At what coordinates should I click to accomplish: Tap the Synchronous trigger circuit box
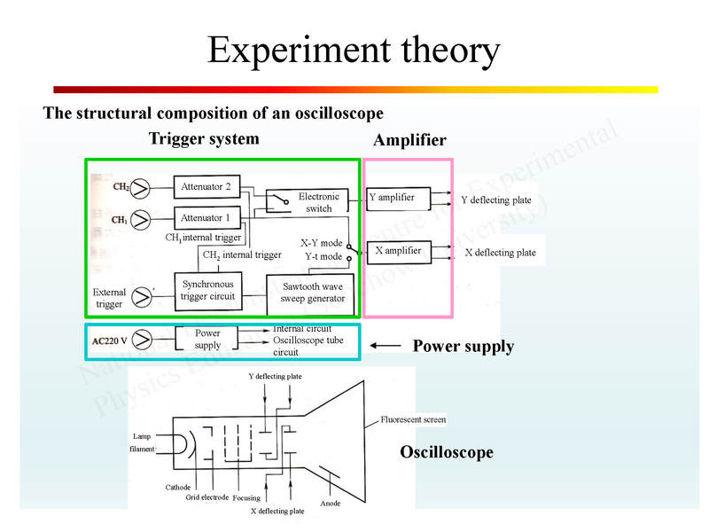[208, 290]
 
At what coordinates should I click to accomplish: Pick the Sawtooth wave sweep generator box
[311, 293]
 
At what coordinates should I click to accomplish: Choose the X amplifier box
[400, 252]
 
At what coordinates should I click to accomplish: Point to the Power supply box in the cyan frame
[207, 340]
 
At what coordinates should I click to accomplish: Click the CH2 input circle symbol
[140, 188]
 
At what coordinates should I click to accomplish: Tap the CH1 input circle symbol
[140, 219]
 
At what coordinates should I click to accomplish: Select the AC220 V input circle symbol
[140, 340]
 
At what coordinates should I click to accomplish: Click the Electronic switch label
[318, 202]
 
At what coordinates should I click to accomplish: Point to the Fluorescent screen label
[413, 419]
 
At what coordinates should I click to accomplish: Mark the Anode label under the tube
[331, 504]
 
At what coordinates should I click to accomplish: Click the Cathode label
[177, 488]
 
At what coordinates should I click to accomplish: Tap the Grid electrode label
[207, 497]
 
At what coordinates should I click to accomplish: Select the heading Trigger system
[204, 139]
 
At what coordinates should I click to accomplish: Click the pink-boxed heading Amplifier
[409, 141]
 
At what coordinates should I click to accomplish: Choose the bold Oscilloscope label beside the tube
[447, 453]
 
